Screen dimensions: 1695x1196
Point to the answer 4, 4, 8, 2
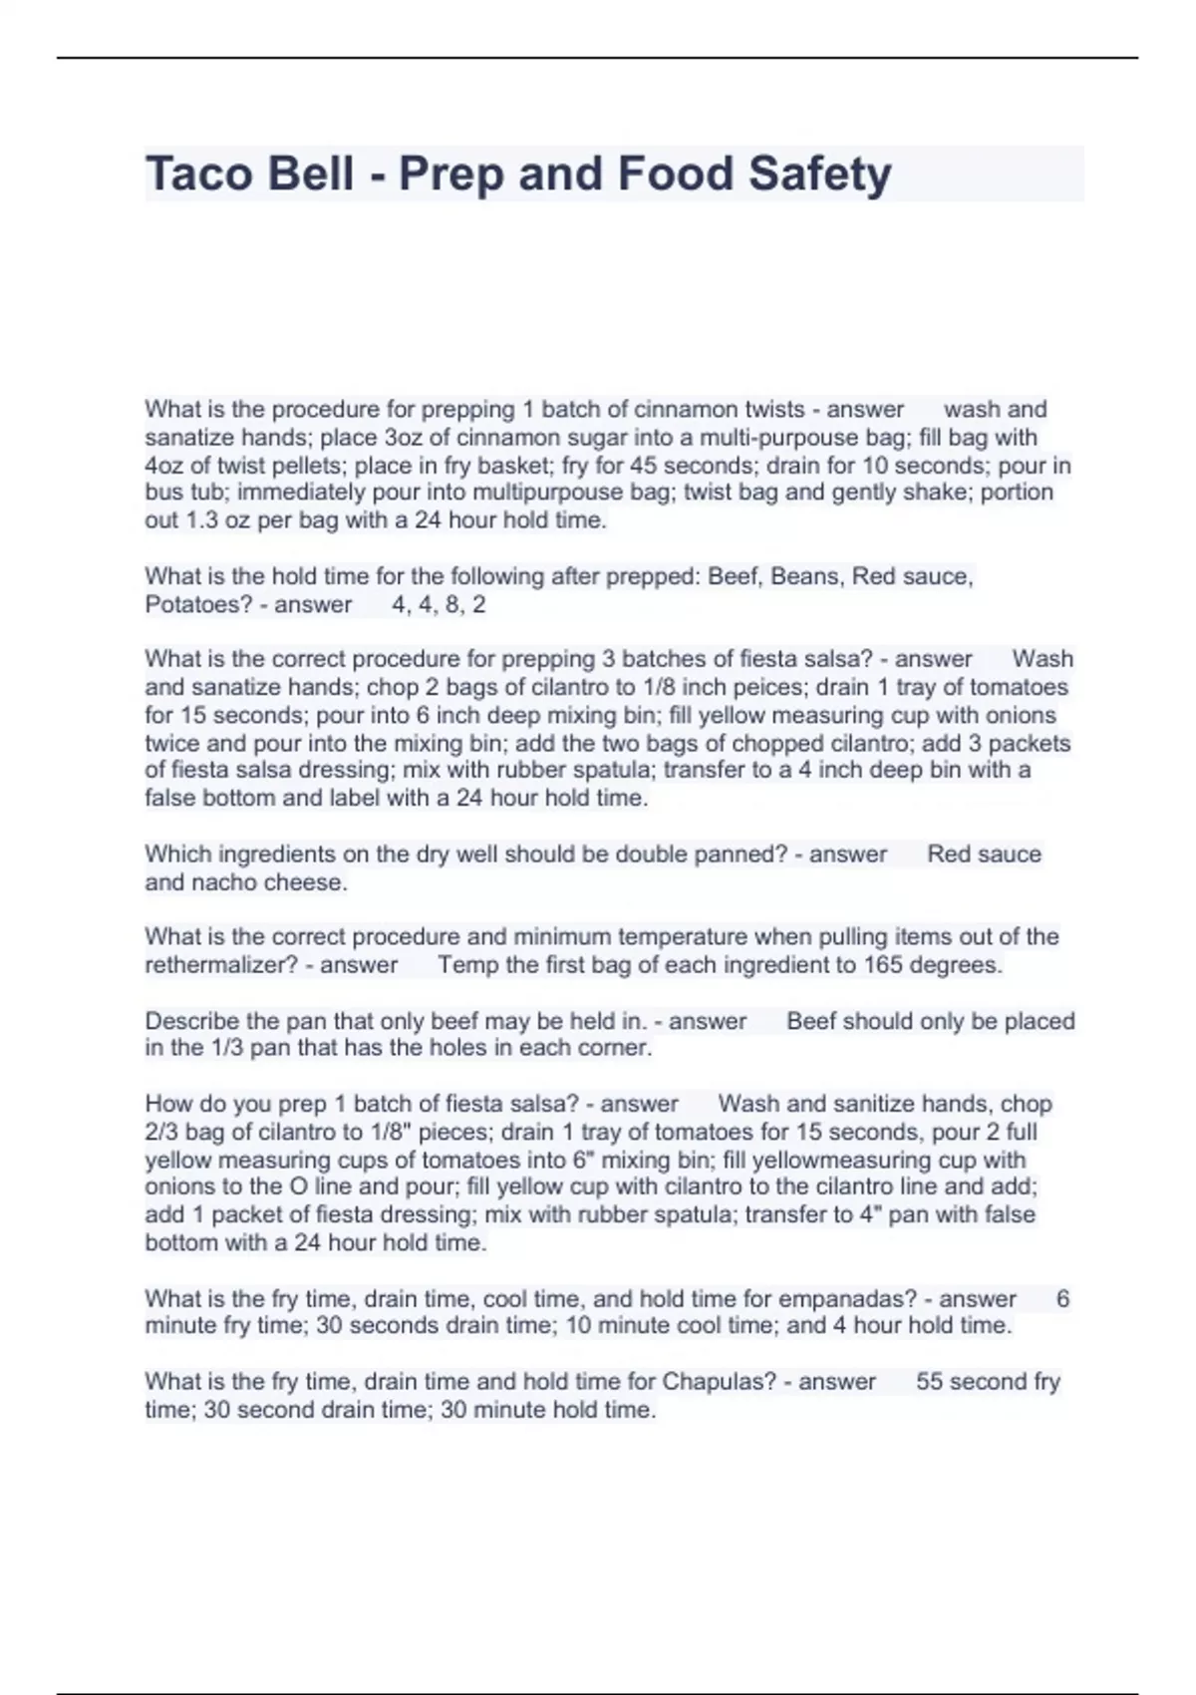pos(439,604)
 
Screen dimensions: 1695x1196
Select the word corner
pos(619,1048)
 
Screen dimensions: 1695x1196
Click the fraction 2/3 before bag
pos(162,1133)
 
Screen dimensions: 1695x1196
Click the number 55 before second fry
pos(929,1382)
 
